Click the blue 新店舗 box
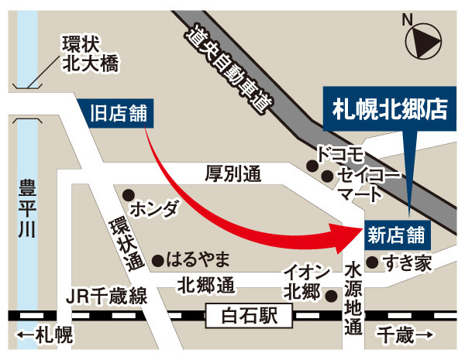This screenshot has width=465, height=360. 395,231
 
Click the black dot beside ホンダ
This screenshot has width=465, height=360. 129,194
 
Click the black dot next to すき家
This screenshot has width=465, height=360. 373,261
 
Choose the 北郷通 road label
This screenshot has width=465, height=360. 205,285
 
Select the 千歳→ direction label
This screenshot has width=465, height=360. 407,334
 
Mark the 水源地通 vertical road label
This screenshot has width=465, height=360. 353,298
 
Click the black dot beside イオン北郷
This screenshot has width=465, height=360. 331,294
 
